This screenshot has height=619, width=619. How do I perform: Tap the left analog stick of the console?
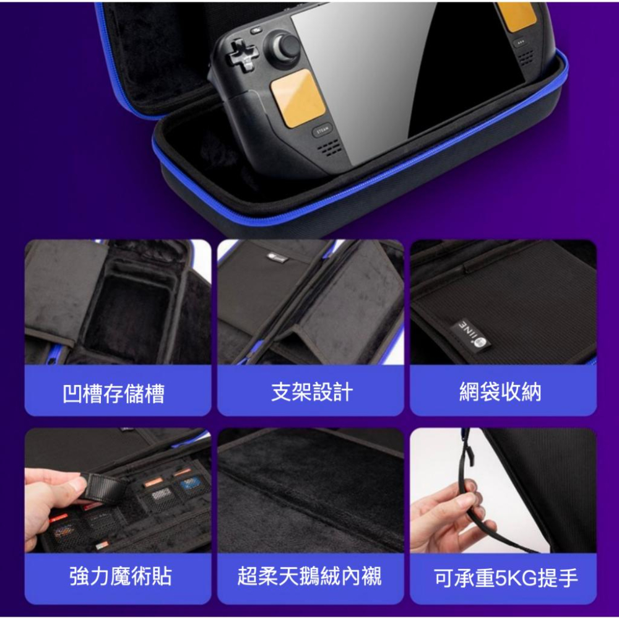pos(287,47)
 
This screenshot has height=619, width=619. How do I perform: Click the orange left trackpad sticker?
pos(298,98)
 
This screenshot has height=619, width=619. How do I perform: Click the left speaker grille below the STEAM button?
pos(328,148)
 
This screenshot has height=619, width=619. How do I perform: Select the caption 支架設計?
pos(311,392)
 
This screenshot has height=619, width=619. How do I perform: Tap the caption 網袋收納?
pos(500,392)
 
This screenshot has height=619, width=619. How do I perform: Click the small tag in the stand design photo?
pos(276,257)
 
